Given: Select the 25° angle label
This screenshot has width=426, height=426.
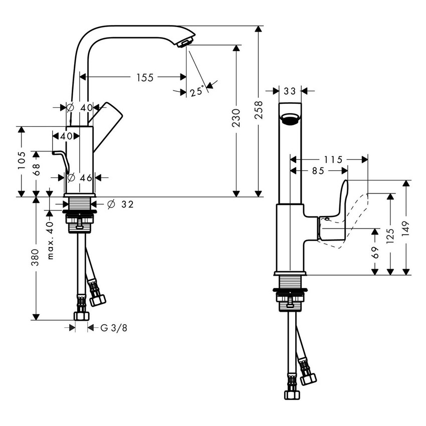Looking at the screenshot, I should [197, 91].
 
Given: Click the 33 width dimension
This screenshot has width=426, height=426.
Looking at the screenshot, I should [290, 91].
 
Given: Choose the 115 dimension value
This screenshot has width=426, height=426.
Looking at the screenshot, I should [333, 160].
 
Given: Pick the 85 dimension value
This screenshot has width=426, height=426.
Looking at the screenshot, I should [317, 171].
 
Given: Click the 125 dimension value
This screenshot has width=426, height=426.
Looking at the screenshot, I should [391, 233].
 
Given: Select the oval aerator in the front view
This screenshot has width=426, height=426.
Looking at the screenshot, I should [290, 119].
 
